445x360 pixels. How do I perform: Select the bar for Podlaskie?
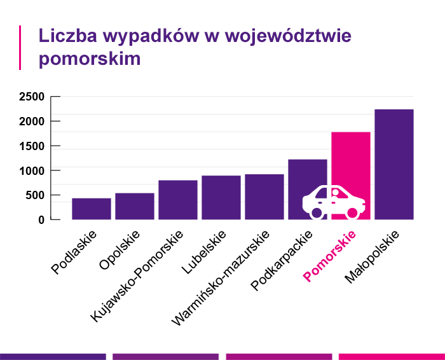(92, 209)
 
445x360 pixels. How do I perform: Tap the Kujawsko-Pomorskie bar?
(178, 200)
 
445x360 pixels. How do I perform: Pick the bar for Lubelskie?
(221, 197)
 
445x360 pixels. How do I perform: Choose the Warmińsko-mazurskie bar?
(264, 197)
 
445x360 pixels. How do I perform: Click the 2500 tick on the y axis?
(31, 97)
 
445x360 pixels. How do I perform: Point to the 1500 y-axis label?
(31, 146)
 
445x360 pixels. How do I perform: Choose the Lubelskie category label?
(203, 252)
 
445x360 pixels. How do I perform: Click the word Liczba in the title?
(64, 36)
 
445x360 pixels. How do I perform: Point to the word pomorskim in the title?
(89, 59)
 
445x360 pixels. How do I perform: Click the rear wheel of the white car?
(316, 213)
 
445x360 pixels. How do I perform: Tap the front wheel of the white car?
(352, 213)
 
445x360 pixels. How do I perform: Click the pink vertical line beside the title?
(20, 47)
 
